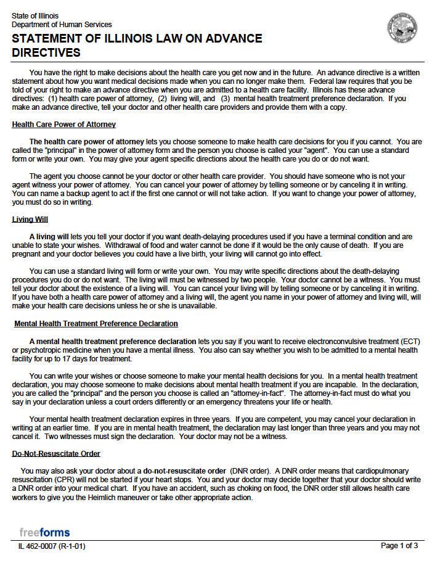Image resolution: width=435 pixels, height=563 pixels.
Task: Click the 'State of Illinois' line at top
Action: [35, 15]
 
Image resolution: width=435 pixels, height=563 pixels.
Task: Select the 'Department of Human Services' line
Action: [62, 25]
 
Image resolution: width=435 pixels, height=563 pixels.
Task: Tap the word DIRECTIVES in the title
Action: [46, 52]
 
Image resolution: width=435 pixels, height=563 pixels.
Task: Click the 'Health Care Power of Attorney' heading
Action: [63, 125]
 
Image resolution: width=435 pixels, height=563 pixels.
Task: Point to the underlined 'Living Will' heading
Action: [30, 220]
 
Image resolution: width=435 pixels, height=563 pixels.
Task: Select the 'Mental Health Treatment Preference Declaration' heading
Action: [96, 324]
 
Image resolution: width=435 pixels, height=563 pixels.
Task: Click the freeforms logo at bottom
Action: [44, 532]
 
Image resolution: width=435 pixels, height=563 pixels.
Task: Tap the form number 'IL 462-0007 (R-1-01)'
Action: [51, 546]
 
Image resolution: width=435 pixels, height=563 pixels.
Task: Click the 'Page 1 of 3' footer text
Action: [399, 546]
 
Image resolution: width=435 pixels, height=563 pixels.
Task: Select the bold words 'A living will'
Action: [49, 237]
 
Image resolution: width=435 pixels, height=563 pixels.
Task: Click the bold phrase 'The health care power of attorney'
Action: [87, 142]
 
